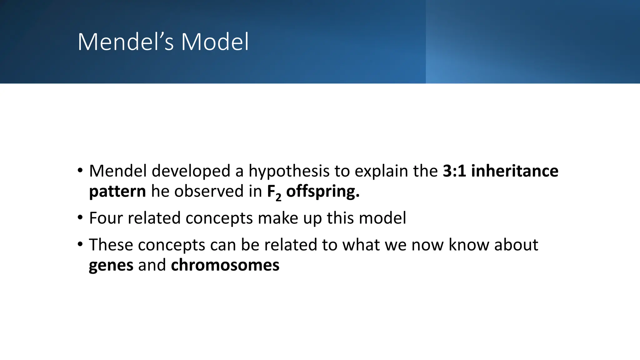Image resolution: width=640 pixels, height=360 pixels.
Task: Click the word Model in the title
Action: pyautogui.click(x=215, y=42)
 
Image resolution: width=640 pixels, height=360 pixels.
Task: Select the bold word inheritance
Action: pyautogui.click(x=514, y=171)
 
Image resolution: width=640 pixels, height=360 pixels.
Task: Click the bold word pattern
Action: pyautogui.click(x=117, y=191)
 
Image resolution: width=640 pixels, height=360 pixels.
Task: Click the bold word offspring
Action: pyautogui.click(x=322, y=191)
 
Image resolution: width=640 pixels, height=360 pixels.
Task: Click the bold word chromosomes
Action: pyautogui.click(x=225, y=265)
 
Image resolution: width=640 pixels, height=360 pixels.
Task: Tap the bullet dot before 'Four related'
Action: pyautogui.click(x=80, y=217)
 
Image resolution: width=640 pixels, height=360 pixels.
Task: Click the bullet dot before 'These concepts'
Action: pyautogui.click(x=80, y=244)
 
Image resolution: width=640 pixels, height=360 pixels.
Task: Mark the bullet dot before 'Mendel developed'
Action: pyautogui.click(x=80, y=170)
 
